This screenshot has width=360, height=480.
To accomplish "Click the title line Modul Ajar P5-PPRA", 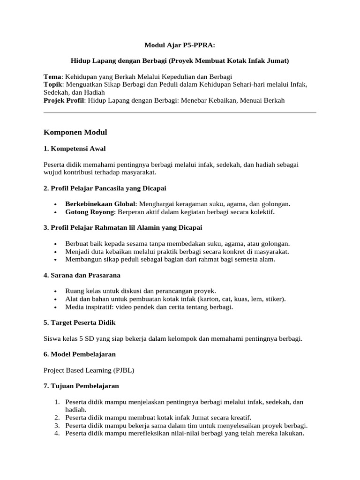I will pos(180,45).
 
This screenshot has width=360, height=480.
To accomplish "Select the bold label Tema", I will pos(52,76).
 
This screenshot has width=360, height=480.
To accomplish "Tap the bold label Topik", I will pos(54,84).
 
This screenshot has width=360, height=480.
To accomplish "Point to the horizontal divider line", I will pos(180,112).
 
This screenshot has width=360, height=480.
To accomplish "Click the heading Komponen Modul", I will pos(75,133).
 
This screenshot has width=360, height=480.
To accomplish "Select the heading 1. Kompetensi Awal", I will pos(75,149).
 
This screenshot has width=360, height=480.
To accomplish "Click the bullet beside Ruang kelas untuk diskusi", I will pos(56,291).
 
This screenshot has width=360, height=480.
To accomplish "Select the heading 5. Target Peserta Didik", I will pos(79,323).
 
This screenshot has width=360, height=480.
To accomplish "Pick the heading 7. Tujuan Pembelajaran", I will pos(81,386).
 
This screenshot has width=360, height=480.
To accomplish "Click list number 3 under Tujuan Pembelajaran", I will pos(56,426).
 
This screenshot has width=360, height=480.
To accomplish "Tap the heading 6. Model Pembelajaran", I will pos(79,354).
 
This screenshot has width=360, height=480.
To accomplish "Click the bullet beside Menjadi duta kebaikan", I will pos(56,251).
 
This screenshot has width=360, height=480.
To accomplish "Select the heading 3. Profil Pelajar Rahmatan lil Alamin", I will pos(123,228).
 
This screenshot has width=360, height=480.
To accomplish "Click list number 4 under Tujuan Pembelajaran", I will pos(56,434).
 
